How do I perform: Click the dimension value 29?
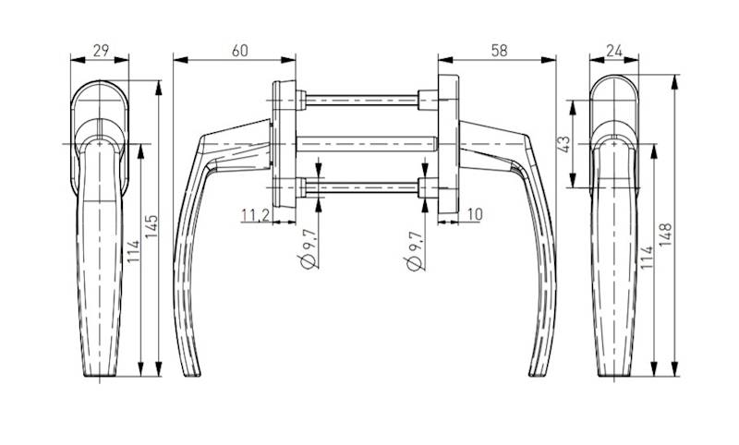coord(101,50)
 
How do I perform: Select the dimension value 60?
coord(239,50)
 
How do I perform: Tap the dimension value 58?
coord(499,50)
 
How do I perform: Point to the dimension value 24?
coord(614,50)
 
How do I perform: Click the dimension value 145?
coord(151,226)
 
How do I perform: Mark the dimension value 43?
coord(563,144)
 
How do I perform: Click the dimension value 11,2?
coord(255,215)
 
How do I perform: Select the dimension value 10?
coord(475,214)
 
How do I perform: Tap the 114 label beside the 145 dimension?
coord(133,251)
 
